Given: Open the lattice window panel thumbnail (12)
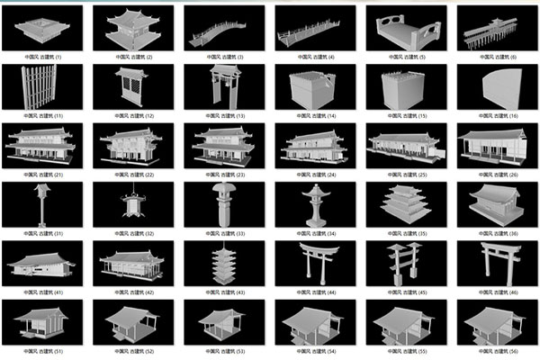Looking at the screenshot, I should pyautogui.click(x=133, y=87).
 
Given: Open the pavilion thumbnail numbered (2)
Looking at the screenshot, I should pyautogui.click(x=133, y=30).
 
